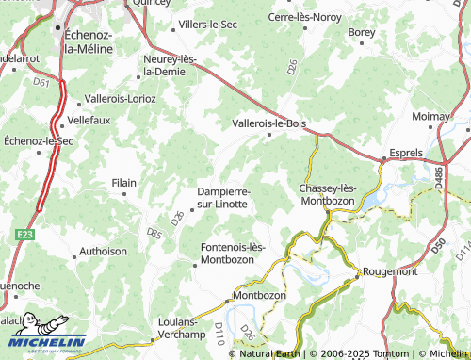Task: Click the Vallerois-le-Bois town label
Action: [268, 123]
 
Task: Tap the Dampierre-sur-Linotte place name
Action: [222, 197]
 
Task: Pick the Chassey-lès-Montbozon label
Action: [327, 194]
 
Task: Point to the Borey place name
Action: [362, 32]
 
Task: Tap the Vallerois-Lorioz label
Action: [121, 98]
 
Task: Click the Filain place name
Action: [124, 182]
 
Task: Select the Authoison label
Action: [104, 252]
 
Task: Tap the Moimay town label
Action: [431, 116]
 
